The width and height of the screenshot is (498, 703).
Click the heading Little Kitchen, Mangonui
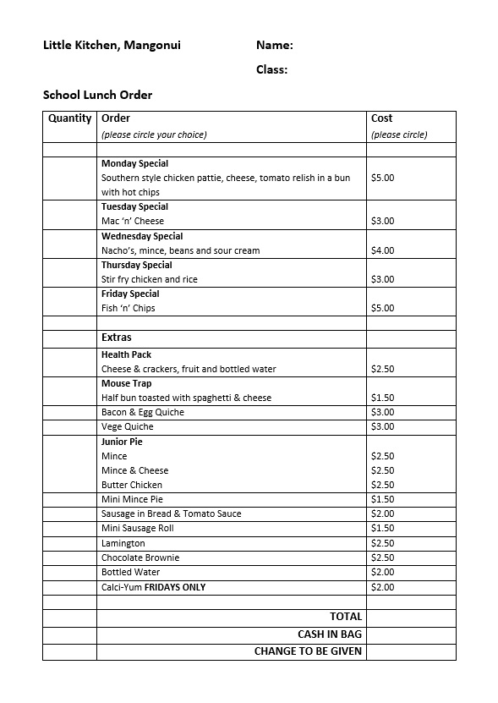pyautogui.click(x=112, y=46)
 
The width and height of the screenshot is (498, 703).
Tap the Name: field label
pyautogui.click(x=274, y=46)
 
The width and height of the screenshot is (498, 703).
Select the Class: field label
pyautogui.click(x=271, y=70)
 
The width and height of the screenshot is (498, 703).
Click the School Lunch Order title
pyautogui.click(x=97, y=95)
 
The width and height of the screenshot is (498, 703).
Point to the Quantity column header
pyautogui.click(x=69, y=118)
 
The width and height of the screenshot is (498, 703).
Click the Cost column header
pyautogui.click(x=381, y=118)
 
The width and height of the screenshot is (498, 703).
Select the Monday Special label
pyautogui.click(x=134, y=163)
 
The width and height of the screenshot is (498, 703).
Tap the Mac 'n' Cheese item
pyautogui.click(x=133, y=222)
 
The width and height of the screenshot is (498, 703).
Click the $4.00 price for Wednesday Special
pyautogui.click(x=382, y=250)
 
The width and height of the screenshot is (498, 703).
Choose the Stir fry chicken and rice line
pyautogui.click(x=149, y=279)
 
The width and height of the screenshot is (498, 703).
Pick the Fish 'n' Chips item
pyautogui.click(x=129, y=308)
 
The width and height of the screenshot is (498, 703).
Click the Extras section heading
pyautogui.click(x=117, y=338)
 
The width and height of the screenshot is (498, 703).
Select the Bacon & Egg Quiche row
pyautogui.click(x=142, y=412)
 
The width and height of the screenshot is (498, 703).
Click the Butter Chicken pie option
pyautogui.click(x=131, y=485)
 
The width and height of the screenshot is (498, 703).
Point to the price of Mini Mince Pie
pyautogui.click(x=382, y=499)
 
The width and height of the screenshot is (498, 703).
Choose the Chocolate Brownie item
pyautogui.click(x=140, y=557)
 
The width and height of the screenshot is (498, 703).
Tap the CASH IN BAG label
pyautogui.click(x=329, y=634)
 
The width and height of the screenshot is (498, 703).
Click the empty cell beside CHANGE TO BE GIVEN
pyautogui.click(x=411, y=651)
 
